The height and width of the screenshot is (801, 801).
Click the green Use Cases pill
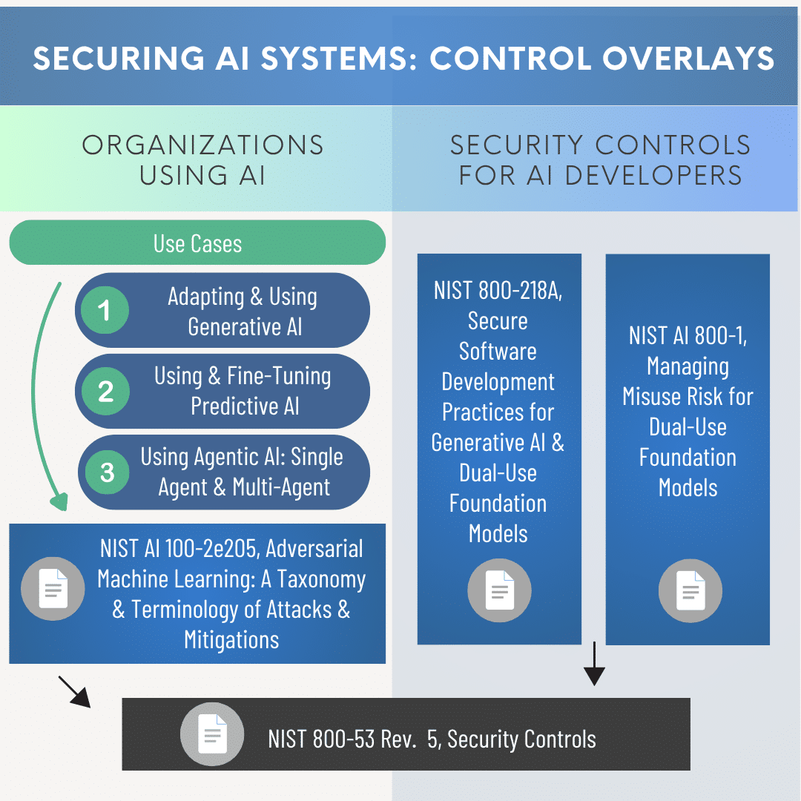click(x=197, y=243)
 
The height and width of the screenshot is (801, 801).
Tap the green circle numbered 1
click(x=105, y=310)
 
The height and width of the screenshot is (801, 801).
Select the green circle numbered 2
click(x=105, y=391)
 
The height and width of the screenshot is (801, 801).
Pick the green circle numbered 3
click(x=107, y=472)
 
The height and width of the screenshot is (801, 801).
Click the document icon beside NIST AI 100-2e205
click(x=53, y=589)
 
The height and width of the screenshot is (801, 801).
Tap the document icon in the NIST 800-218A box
click(x=499, y=590)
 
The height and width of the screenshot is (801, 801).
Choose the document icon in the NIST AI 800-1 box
click(x=690, y=590)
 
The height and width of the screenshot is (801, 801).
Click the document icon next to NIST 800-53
click(x=212, y=734)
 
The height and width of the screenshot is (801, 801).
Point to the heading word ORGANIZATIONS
click(x=202, y=145)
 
